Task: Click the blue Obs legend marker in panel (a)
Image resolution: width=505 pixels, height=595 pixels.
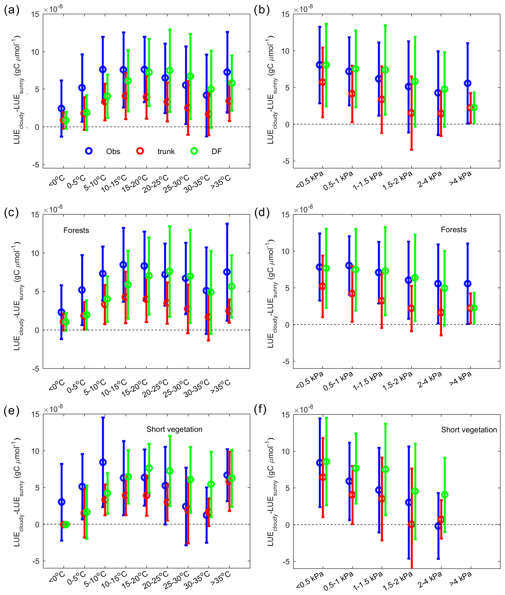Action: (x=89, y=151)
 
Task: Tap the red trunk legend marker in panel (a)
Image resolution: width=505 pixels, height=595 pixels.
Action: (x=140, y=151)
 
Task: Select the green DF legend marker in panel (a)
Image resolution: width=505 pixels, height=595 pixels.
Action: (x=194, y=151)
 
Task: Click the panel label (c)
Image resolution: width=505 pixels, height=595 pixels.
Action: (x=11, y=213)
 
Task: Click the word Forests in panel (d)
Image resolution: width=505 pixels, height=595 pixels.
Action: (x=453, y=230)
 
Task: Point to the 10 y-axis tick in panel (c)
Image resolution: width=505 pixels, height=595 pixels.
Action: (x=35, y=253)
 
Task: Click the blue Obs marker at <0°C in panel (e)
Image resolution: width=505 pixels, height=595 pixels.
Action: (x=62, y=502)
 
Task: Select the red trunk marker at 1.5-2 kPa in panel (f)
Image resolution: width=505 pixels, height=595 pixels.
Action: (x=411, y=524)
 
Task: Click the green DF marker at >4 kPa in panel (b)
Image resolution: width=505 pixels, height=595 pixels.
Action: (x=474, y=108)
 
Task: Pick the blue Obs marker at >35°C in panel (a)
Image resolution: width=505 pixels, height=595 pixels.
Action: (x=227, y=72)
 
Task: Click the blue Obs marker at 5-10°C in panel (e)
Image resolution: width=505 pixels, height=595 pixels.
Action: (x=103, y=462)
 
